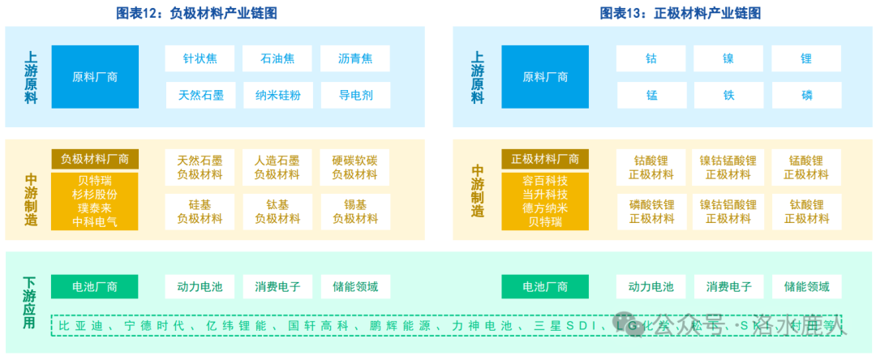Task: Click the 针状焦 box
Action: click(x=200, y=58)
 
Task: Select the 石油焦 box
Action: click(x=277, y=58)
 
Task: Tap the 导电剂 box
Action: click(x=355, y=96)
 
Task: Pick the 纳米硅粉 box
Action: click(x=277, y=96)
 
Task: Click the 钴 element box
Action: click(x=651, y=58)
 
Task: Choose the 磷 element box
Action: click(x=806, y=96)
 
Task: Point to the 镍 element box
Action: click(x=728, y=58)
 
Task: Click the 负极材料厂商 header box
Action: click(x=95, y=159)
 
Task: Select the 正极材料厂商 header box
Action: click(x=545, y=159)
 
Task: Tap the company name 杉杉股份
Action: click(x=95, y=195)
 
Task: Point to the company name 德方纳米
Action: click(x=545, y=208)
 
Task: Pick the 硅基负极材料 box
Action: click(x=200, y=211)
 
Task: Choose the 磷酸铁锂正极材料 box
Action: click(x=651, y=211)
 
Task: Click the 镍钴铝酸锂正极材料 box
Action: click(x=728, y=211)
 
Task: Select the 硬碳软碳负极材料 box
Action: click(x=355, y=167)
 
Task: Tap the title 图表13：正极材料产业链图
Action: click(x=680, y=13)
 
